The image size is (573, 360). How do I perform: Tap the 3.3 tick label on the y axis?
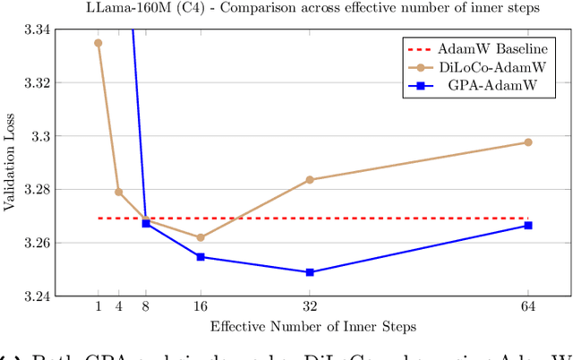(41, 136)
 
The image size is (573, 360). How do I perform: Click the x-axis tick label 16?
(201, 307)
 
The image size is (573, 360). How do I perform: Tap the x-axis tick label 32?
(310, 307)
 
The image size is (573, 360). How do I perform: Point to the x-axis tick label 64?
(528, 307)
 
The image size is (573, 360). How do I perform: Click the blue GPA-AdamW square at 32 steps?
(310, 272)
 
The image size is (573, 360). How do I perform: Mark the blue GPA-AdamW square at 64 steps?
(528, 226)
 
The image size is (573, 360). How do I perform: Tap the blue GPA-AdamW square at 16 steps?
(201, 257)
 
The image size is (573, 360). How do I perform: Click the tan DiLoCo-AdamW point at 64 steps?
(528, 142)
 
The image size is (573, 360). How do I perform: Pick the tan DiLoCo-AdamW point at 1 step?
(98, 43)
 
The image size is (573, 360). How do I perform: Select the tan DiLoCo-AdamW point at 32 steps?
(310, 180)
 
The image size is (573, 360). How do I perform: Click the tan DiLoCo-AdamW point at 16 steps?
(201, 237)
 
